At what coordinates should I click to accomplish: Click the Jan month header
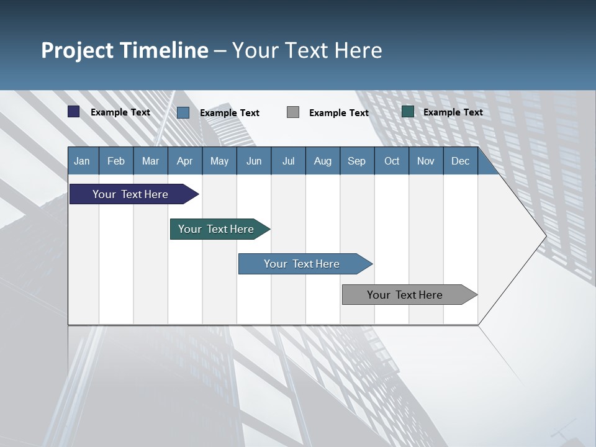83,161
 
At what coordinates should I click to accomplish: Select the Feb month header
116,161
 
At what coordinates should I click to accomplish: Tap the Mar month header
150,161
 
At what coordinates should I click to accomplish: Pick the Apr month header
185,161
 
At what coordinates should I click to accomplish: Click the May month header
219,161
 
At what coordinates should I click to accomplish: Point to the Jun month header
254,161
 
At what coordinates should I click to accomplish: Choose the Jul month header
288,161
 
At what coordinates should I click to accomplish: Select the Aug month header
323,161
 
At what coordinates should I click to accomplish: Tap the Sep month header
357,161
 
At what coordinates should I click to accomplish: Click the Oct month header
392,161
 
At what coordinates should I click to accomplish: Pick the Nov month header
426,161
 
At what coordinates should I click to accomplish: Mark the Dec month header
461,161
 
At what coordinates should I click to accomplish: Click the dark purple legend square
74,112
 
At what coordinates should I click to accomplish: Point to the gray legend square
293,112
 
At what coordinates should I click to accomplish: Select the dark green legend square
408,112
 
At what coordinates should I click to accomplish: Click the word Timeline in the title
165,50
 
